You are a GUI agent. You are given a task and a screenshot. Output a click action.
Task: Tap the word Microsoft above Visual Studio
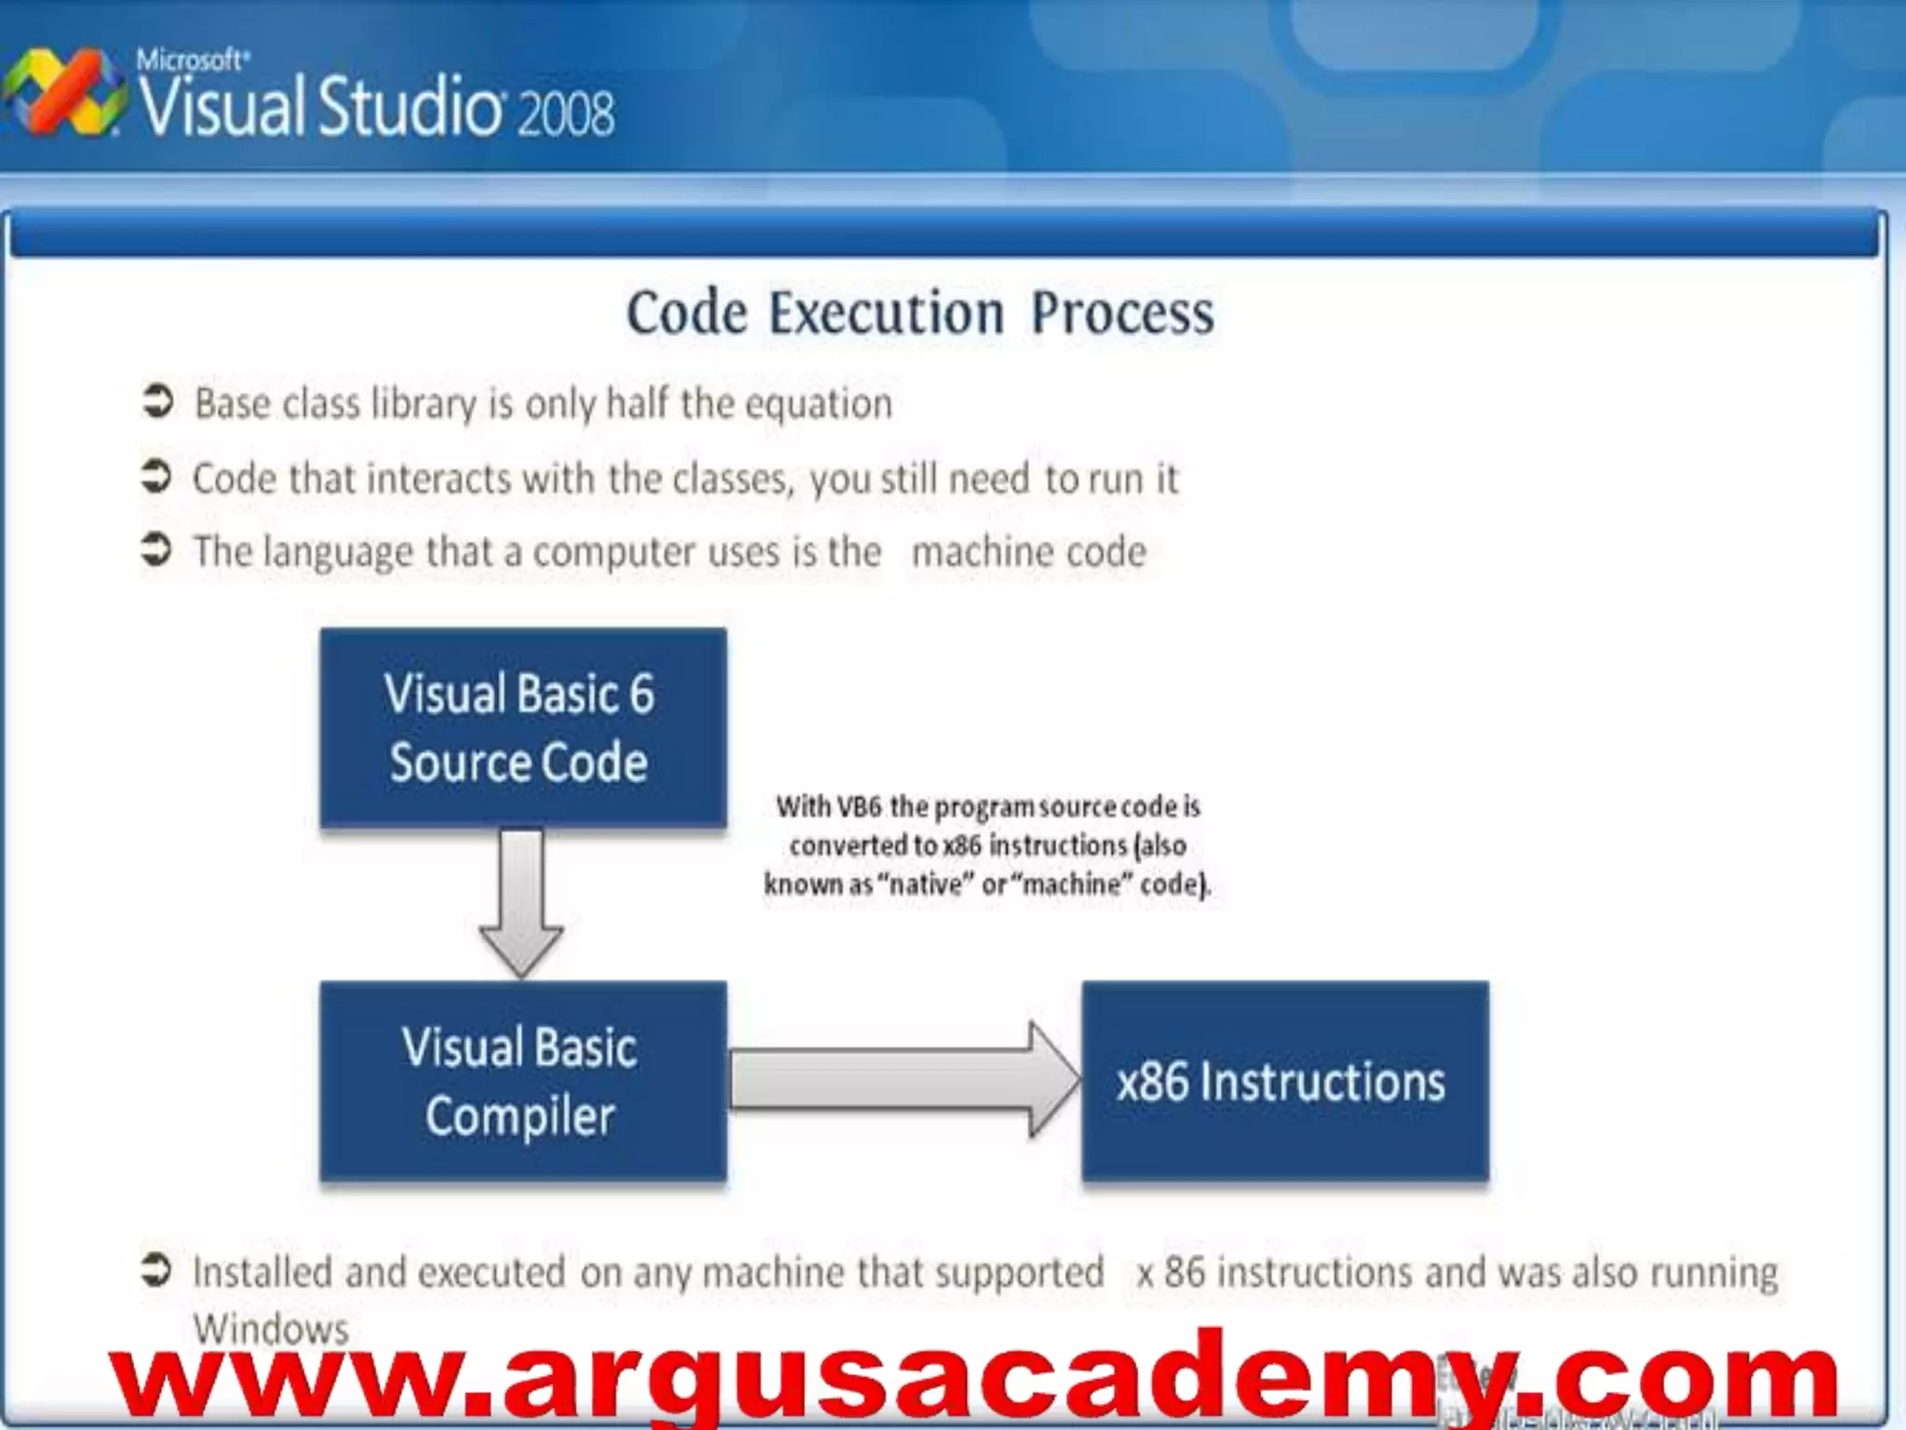(x=191, y=61)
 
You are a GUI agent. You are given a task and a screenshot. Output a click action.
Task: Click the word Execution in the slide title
(x=886, y=313)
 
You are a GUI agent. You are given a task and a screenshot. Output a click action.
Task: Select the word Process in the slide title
(x=1122, y=313)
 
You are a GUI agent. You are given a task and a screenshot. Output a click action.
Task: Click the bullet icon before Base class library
(x=157, y=401)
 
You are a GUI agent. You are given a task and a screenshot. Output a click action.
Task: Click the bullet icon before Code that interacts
(x=156, y=476)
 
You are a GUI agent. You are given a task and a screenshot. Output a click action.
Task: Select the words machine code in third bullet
(x=1028, y=552)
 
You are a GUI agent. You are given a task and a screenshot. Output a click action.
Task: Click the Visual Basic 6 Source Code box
(x=522, y=727)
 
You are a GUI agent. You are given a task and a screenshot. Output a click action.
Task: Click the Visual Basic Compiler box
(x=522, y=1081)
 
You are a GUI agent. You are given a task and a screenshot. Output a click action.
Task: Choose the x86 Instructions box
(x=1284, y=1081)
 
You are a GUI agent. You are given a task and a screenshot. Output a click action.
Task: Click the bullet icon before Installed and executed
(x=156, y=1270)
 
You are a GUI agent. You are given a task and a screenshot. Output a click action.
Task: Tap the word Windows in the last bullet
(x=271, y=1329)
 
